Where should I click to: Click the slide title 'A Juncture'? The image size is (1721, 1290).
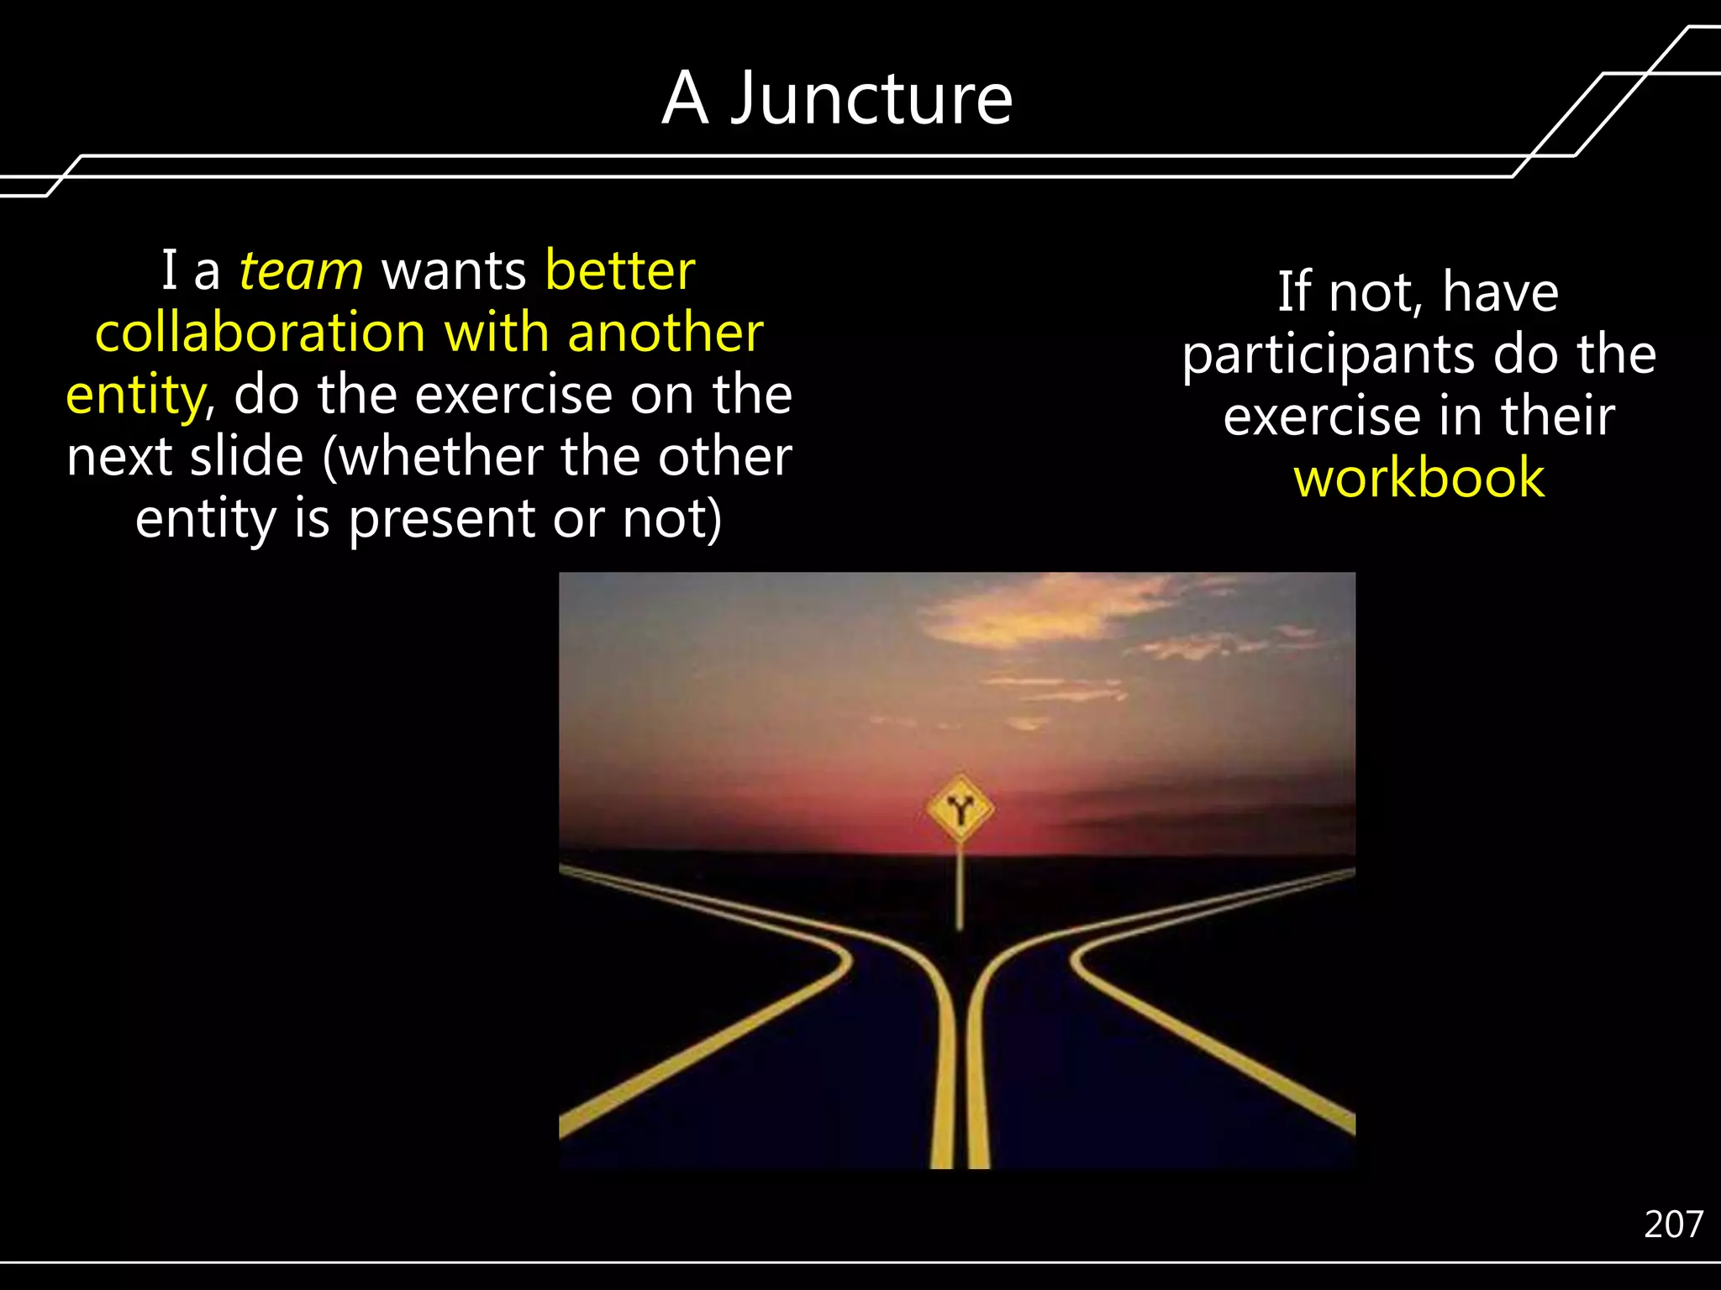(x=837, y=98)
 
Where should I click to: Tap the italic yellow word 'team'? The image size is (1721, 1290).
(x=301, y=271)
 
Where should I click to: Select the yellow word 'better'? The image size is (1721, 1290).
(x=619, y=271)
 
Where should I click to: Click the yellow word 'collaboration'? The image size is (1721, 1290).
(x=261, y=333)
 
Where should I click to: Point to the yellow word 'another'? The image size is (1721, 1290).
(x=665, y=333)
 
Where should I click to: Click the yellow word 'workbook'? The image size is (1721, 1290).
(x=1418, y=478)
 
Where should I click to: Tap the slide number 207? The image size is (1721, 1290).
(x=1672, y=1224)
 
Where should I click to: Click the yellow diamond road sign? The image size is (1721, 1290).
(x=960, y=809)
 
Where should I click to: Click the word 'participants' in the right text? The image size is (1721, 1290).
(x=1328, y=354)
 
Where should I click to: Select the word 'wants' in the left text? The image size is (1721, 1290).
(x=454, y=271)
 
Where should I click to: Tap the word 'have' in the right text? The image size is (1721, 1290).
(x=1500, y=292)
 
